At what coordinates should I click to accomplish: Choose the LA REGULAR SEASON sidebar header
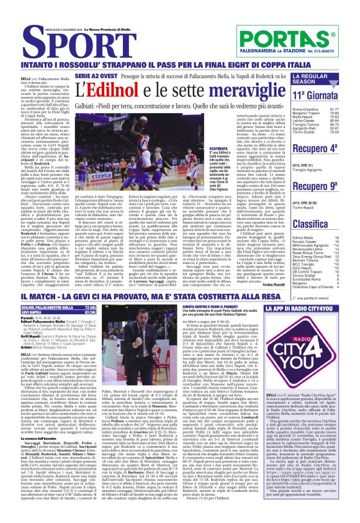(x=310, y=79)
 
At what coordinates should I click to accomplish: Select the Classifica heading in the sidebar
(x=310, y=224)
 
